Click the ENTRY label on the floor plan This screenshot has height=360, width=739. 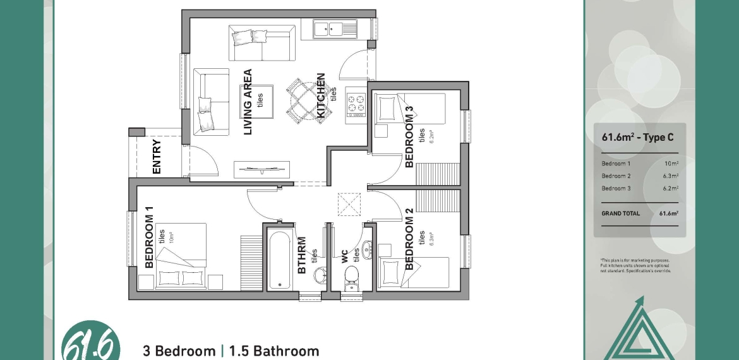pyautogui.click(x=157, y=157)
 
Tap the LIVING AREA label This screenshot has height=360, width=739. pyautogui.click(x=248, y=102)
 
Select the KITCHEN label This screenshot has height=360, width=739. pyautogui.click(x=320, y=95)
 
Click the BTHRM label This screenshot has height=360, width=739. pyautogui.click(x=302, y=255)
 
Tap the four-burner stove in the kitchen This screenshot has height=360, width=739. pyautogui.click(x=356, y=105)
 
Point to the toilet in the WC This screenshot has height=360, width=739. pyautogui.click(x=351, y=277)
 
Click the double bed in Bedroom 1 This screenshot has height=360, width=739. pyautogui.click(x=181, y=256)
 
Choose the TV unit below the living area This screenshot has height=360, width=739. pyautogui.click(x=261, y=170)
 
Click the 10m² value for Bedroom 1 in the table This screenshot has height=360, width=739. pyautogui.click(x=671, y=164)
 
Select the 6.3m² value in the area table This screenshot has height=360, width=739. pyautogui.click(x=670, y=176)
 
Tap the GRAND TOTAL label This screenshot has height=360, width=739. pyautogui.click(x=620, y=213)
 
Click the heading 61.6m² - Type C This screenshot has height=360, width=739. pyautogui.click(x=638, y=137)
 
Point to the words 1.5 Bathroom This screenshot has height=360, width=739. pyautogui.click(x=274, y=352)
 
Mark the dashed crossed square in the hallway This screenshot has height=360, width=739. pyautogui.click(x=349, y=204)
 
